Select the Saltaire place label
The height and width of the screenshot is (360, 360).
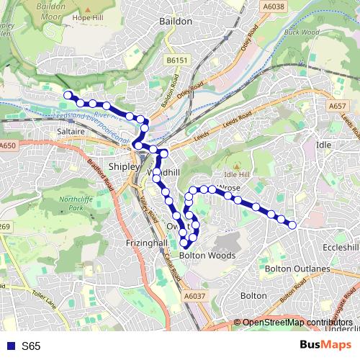[71, 132]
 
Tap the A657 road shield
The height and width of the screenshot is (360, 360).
[339, 107]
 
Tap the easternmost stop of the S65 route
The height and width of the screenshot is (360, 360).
[293, 225]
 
